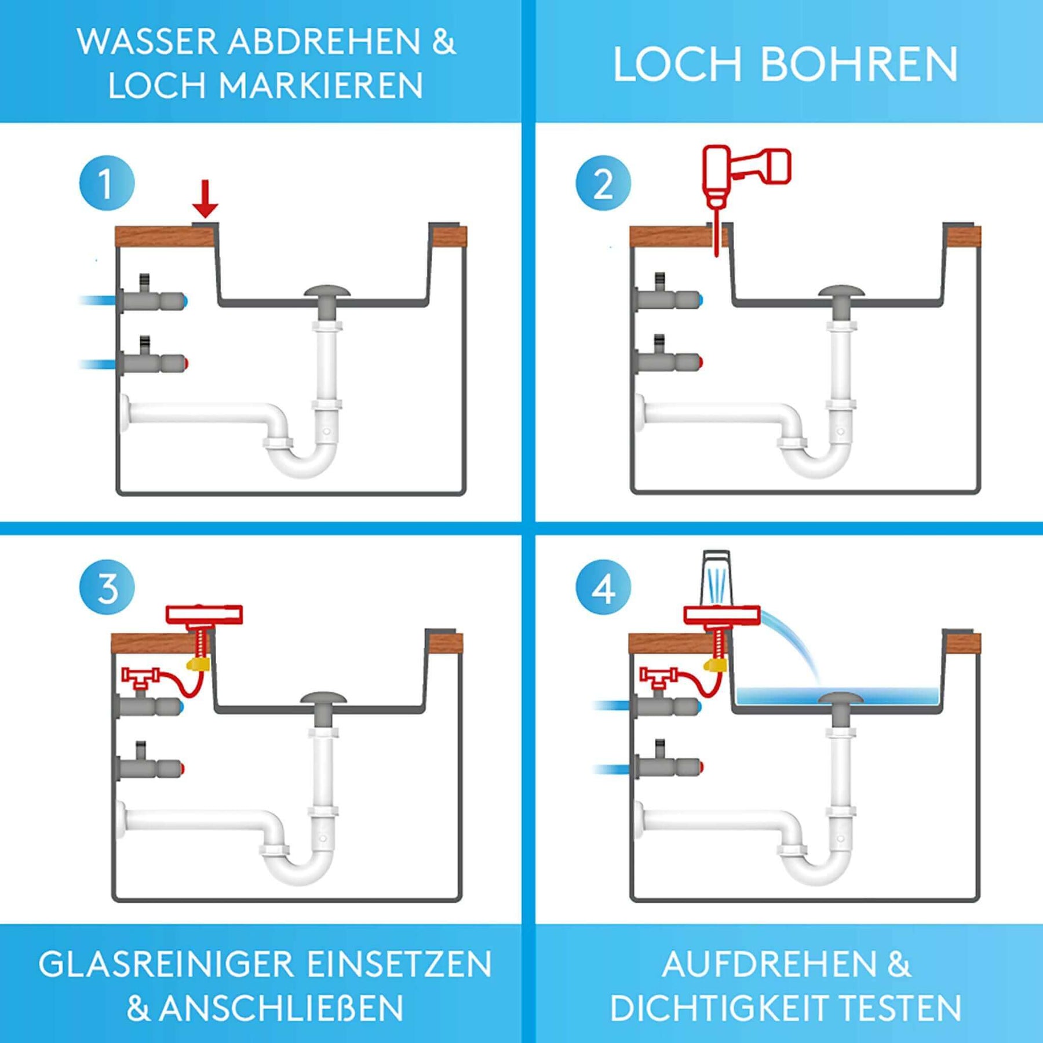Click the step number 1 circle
pos(107,183)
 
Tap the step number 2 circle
pos(603,183)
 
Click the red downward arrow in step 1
pos(205,199)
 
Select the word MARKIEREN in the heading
pos(320,86)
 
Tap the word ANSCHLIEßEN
pos(281,1009)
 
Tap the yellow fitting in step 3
pos(198,663)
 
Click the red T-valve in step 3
pos(141,677)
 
